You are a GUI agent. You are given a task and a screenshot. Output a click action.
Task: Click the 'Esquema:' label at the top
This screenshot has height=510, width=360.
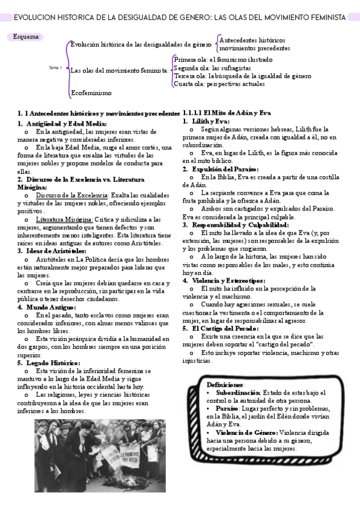tap(27, 37)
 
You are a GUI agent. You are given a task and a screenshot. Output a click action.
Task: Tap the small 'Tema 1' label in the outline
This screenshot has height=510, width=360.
tap(55, 67)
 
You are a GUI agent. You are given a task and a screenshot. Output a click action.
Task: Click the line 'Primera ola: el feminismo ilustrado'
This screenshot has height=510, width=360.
tap(222, 60)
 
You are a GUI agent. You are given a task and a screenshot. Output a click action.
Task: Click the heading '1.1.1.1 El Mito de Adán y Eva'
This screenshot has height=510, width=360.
tap(227, 113)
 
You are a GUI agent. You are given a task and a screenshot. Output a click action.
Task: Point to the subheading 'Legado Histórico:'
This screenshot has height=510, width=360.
tap(53, 363)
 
